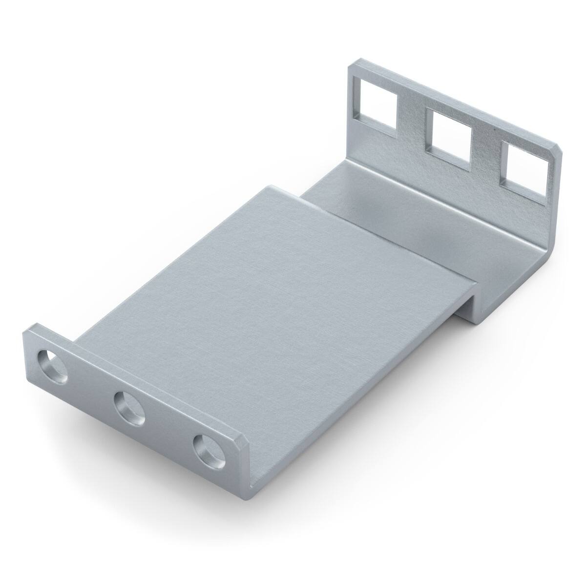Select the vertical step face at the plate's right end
tap(469, 303)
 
